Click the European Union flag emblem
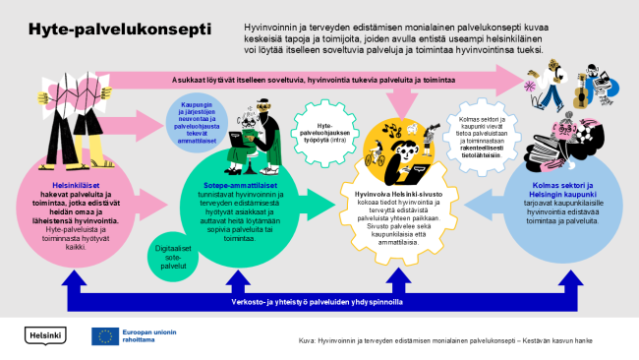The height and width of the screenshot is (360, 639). pyautogui.click(x=104, y=336)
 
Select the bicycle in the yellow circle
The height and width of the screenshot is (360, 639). pyautogui.click(x=375, y=156)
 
